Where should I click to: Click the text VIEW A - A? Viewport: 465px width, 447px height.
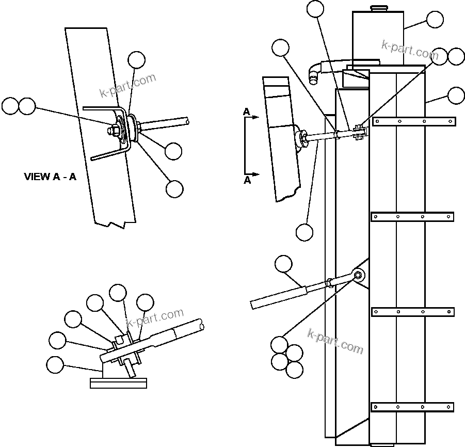pos(50,177)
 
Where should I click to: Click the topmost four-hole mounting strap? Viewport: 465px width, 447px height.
pos(414,122)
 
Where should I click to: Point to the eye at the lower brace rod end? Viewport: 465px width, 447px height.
pos(358,275)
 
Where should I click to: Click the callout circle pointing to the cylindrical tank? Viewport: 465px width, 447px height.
pos(435,20)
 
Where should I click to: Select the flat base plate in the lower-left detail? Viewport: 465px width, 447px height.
pos(118,383)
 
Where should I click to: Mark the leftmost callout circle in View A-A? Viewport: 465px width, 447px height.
pos(10,106)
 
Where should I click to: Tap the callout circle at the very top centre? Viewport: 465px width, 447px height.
pos(315,9)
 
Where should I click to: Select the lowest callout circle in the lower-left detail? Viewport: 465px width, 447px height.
pos(55,365)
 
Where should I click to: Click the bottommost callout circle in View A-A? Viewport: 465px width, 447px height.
pos(174,189)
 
